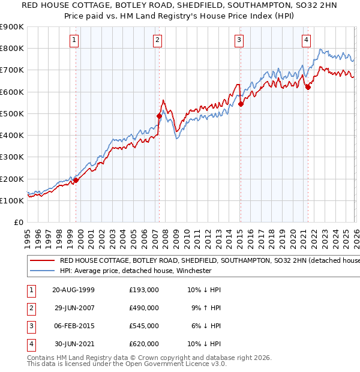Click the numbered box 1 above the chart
click(74, 40)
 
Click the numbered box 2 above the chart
click(157, 40)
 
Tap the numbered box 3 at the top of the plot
click(239, 40)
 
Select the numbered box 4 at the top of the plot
click(306, 40)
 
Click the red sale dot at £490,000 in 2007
click(160, 116)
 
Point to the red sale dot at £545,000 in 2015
click(240, 104)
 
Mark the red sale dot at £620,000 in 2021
click(308, 88)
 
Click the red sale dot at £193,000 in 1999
click(76, 180)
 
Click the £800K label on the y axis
click(12, 48)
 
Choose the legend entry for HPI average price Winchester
click(135, 271)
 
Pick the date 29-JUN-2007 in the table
click(74, 308)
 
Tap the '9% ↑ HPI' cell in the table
click(205, 308)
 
